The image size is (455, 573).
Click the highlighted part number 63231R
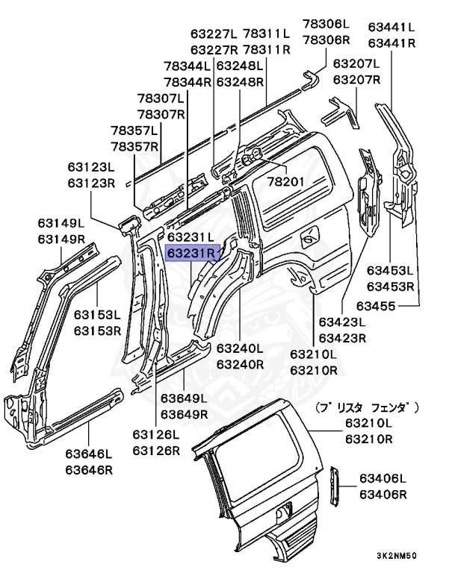(191, 254)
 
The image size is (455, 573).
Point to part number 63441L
(391, 28)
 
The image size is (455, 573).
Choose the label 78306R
(326, 40)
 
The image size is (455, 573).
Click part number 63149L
(62, 222)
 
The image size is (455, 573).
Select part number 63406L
(383, 478)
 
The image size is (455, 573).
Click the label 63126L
(157, 434)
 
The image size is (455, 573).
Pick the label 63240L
(240, 348)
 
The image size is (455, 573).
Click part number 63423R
(342, 338)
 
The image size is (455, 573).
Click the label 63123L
(90, 166)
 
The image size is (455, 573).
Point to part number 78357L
(135, 130)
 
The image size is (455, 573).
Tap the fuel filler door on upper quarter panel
(306, 240)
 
